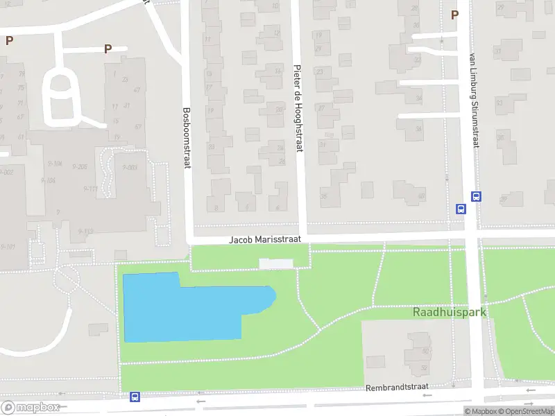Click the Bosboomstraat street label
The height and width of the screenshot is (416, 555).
(x=186, y=137)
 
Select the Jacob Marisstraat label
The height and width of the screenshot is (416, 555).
(x=266, y=239)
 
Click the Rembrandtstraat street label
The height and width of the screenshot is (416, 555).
(x=398, y=387)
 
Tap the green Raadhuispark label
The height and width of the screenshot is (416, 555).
(x=450, y=312)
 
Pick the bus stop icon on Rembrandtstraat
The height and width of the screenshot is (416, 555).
(x=135, y=397)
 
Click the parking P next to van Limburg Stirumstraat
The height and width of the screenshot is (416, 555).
(x=454, y=15)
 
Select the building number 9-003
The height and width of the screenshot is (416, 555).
(x=130, y=168)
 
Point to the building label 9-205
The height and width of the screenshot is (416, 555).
(x=79, y=167)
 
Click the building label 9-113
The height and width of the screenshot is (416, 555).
(x=86, y=232)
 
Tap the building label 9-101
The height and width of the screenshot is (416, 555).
(x=8, y=246)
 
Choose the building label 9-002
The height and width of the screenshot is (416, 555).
(x=7, y=172)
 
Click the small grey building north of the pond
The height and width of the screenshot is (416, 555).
(x=276, y=263)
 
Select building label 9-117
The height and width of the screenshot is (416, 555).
(x=91, y=189)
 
